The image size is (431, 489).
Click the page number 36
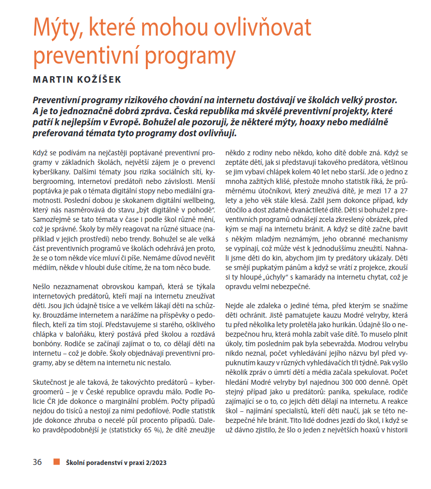(38, 462)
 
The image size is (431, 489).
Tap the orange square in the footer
(57, 462)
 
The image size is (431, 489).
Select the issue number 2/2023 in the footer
(152, 462)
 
